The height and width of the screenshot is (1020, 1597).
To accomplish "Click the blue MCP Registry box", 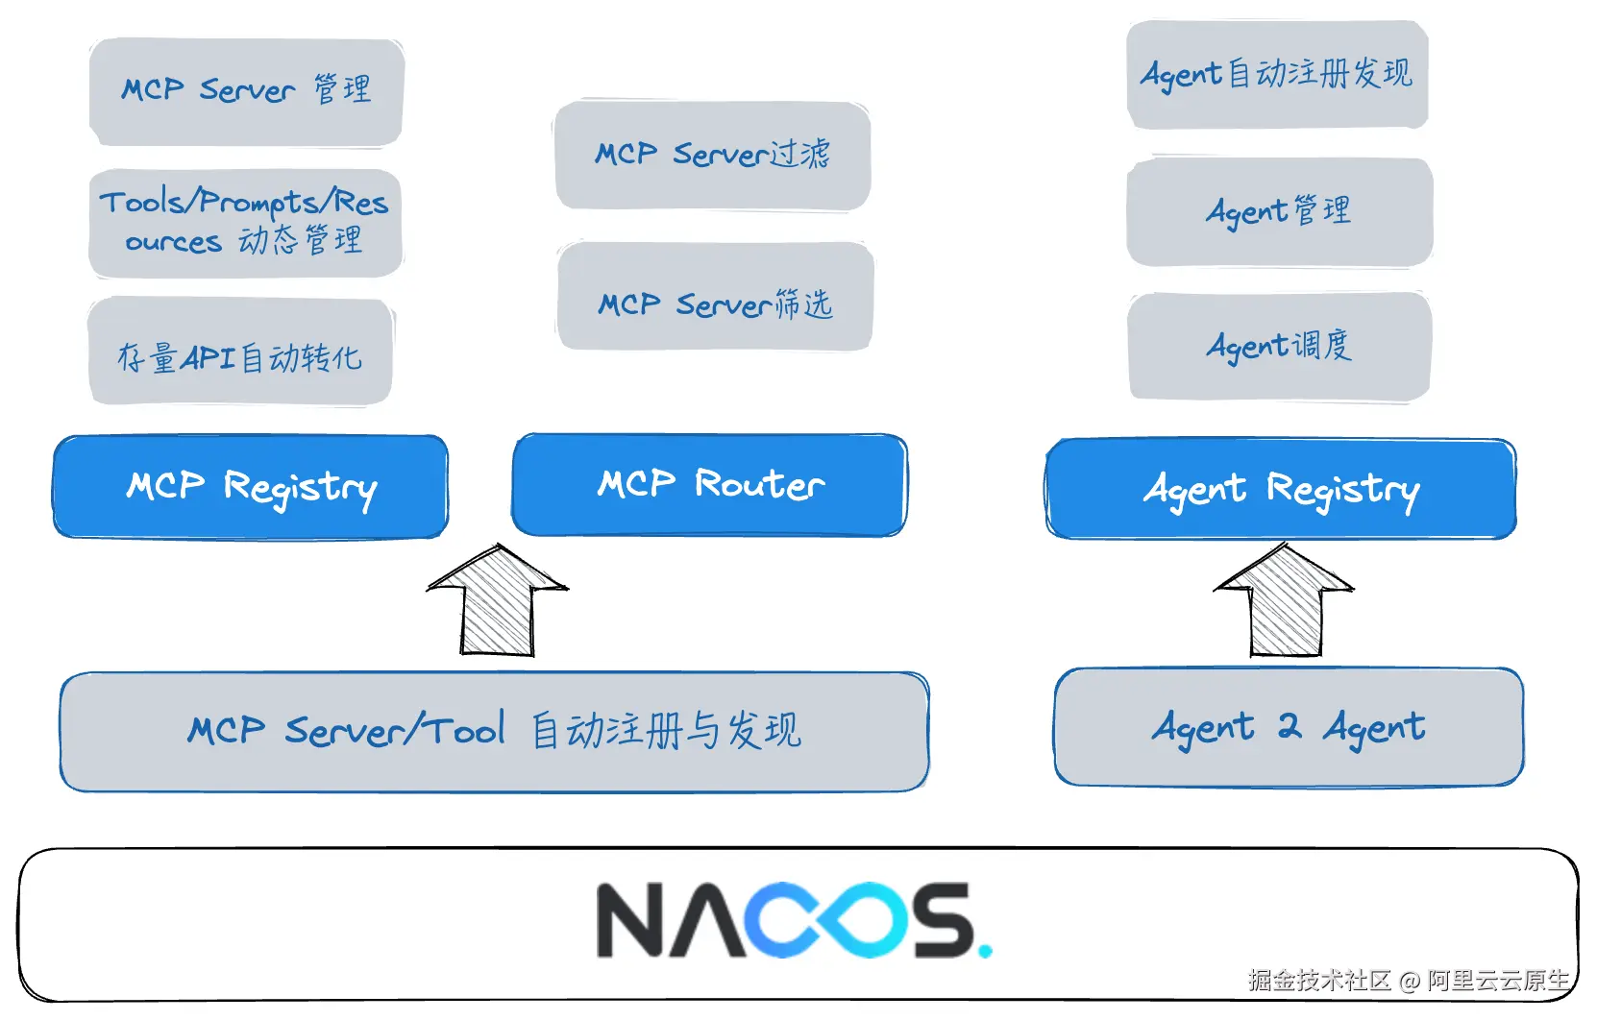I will [x=251, y=487].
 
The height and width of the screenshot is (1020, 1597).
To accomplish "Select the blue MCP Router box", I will [x=710, y=485].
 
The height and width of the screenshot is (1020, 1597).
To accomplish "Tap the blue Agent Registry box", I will [x=1281, y=489].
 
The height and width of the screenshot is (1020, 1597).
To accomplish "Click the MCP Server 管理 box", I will [x=246, y=91].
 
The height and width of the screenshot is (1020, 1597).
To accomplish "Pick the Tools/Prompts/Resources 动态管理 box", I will [x=245, y=223].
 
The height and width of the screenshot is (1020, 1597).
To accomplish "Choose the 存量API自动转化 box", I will [x=240, y=352].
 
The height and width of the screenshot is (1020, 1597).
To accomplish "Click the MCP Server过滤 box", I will [x=712, y=155].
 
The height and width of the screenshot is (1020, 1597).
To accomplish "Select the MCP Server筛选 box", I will [x=715, y=297].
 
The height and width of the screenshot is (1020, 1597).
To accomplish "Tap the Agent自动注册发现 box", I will [x=1277, y=74].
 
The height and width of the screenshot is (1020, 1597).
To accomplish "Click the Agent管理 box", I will [x=1279, y=211].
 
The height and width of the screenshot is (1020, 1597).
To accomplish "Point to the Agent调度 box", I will [x=1279, y=346].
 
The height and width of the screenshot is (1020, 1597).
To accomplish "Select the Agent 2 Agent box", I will [x=1289, y=728].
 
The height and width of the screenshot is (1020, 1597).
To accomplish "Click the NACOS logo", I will [x=793, y=920].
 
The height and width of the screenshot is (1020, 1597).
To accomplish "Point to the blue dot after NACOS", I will [x=984, y=952].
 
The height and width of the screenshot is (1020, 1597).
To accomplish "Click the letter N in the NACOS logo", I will [x=631, y=920].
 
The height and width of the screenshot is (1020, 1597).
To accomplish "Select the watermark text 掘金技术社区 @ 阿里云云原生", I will [x=1408, y=980].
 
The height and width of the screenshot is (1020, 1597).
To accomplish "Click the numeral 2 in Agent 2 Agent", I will [x=1289, y=726].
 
